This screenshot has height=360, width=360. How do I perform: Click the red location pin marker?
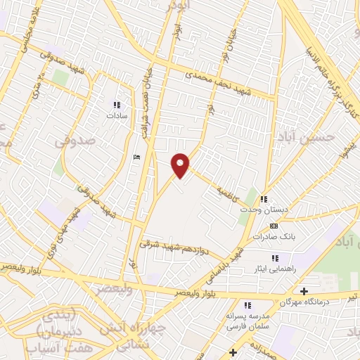(x=181, y=165)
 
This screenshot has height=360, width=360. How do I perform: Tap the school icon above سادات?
(x=116, y=105)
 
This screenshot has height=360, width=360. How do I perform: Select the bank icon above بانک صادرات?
(x=274, y=226)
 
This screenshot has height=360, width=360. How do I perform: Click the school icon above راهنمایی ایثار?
(x=274, y=259)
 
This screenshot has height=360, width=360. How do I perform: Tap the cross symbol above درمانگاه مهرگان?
(x=304, y=291)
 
